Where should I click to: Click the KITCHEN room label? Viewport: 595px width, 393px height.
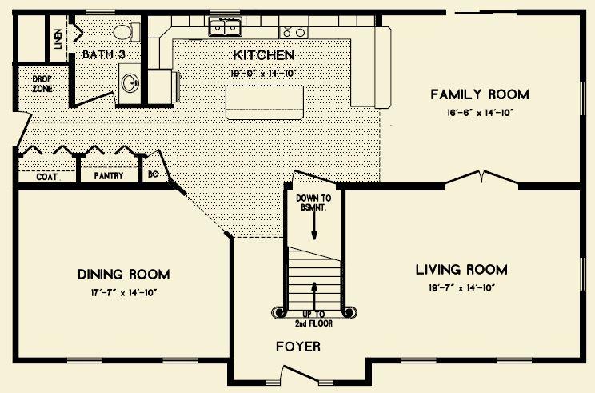[263, 55]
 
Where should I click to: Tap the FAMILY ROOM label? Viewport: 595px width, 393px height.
[480, 94]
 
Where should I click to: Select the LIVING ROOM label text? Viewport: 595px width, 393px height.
[461, 270]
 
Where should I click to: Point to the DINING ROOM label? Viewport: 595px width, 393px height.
[123, 275]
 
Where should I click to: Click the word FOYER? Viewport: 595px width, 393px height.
[297, 347]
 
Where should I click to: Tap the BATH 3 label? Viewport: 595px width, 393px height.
[104, 54]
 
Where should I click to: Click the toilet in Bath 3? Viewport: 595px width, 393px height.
[126, 32]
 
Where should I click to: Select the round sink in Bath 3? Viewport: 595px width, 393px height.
[130, 82]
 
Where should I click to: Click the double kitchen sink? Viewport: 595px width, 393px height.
[226, 27]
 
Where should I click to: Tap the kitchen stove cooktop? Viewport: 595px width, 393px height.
[294, 33]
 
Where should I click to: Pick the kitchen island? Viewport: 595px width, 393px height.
[265, 102]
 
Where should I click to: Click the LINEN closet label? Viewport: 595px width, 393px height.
[58, 39]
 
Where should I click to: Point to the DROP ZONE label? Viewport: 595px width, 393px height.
[42, 84]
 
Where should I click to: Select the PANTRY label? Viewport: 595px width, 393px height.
[109, 176]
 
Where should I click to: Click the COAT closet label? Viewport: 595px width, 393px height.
[46, 177]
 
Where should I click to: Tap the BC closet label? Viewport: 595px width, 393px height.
[153, 174]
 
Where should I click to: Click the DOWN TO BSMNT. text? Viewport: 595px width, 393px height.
[313, 203]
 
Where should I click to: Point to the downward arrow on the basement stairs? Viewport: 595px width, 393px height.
[314, 226]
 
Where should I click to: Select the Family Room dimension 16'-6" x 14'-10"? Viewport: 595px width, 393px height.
[480, 113]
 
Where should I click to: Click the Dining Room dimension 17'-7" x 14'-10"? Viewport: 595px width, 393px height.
[123, 293]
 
